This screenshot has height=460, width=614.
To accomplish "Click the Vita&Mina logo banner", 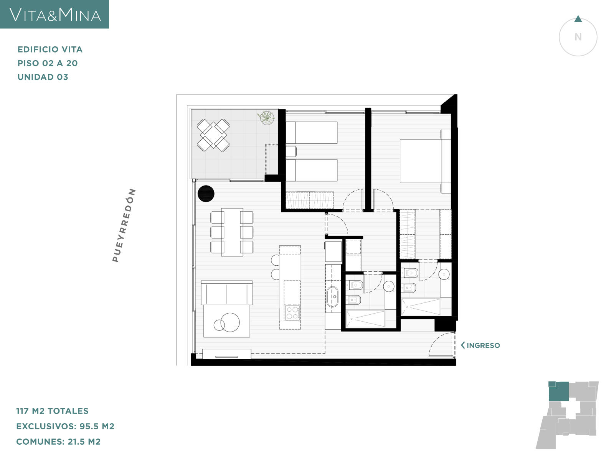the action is (x=54, y=14).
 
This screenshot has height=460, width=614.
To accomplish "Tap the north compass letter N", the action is (x=578, y=37).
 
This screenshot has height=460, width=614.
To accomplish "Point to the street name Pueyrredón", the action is (x=124, y=225).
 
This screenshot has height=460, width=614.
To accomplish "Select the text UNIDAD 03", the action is (x=43, y=77).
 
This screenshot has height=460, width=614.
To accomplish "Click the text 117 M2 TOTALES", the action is (x=52, y=411).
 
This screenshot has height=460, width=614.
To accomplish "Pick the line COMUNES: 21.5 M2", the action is (x=58, y=442).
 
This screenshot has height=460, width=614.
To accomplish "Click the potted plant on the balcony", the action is (x=266, y=118).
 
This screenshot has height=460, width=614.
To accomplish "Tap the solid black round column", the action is (x=206, y=194).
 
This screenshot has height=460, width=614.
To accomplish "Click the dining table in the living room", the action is (x=232, y=232).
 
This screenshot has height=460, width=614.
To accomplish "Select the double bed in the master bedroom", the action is (x=425, y=161).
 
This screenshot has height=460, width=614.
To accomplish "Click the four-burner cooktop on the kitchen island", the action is (x=292, y=313).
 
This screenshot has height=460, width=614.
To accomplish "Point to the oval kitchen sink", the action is (x=332, y=297).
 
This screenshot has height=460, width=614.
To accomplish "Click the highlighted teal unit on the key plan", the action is (x=558, y=391).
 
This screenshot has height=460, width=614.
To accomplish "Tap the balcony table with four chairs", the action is (x=213, y=135).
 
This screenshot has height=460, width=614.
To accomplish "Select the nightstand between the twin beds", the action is (x=290, y=151).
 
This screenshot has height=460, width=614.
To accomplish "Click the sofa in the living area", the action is (x=226, y=293).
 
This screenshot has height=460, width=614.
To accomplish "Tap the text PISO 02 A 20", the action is (x=48, y=63).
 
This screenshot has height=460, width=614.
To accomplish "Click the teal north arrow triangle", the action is (x=578, y=19).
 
